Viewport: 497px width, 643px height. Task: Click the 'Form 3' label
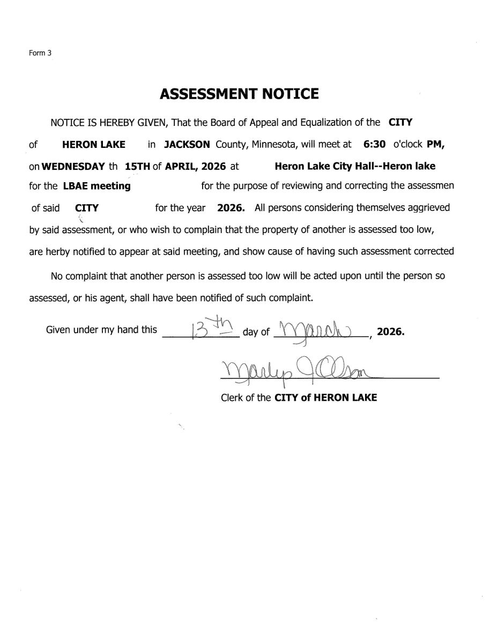pyautogui.click(x=40, y=53)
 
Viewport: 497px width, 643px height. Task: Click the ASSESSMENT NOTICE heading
pyautogui.click(x=239, y=94)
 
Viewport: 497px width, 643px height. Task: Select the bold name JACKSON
pyautogui.click(x=187, y=144)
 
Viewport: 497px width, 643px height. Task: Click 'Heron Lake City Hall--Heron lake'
pyautogui.click(x=355, y=166)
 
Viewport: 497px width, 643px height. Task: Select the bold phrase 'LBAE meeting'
pyautogui.click(x=97, y=186)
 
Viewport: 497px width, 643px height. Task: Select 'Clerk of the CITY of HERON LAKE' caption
pyautogui.click(x=299, y=398)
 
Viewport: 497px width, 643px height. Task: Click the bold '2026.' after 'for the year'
pyautogui.click(x=231, y=207)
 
